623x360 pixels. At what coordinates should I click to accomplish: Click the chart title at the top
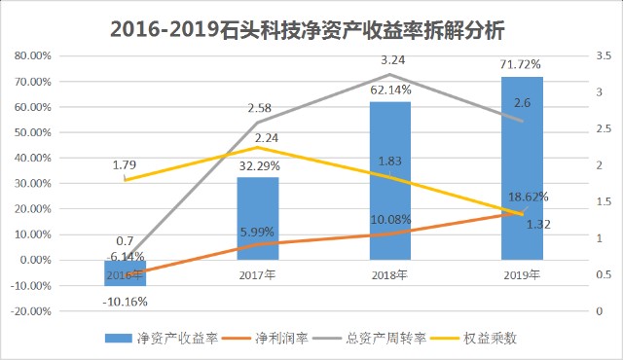pyautogui.click(x=308, y=30)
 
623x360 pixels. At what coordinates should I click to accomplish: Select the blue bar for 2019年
pyautogui.click(x=522, y=168)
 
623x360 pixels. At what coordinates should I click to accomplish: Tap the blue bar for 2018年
pyautogui.click(x=390, y=181)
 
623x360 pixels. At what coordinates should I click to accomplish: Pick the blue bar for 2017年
pyautogui.click(x=258, y=219)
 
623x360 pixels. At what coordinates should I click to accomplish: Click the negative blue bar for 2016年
pyautogui.click(x=126, y=273)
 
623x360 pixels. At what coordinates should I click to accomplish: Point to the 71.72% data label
pyautogui.click(x=521, y=64)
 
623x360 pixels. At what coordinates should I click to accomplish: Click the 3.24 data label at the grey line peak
pyautogui.click(x=392, y=60)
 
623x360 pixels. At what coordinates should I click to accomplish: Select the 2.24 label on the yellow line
pyautogui.click(x=267, y=138)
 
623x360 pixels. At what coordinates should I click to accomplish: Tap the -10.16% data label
pyautogui.click(x=126, y=302)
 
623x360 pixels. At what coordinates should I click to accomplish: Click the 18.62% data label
pyautogui.click(x=529, y=197)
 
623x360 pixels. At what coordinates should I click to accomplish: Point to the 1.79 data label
pyautogui.click(x=125, y=164)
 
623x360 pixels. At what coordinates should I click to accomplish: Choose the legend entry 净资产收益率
pyautogui.click(x=162, y=339)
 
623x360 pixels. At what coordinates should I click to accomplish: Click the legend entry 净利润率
pyautogui.click(x=265, y=339)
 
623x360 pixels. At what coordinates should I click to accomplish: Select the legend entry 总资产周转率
pyautogui.click(x=369, y=339)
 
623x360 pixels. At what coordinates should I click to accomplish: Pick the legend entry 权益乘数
pyautogui.click(x=474, y=339)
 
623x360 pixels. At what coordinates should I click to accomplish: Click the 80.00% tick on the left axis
pyautogui.click(x=33, y=56)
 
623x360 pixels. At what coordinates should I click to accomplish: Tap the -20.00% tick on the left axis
pyautogui.click(x=31, y=311)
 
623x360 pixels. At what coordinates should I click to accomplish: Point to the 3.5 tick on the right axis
pyautogui.click(x=604, y=56)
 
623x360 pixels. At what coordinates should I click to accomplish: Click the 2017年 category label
pyautogui.click(x=257, y=274)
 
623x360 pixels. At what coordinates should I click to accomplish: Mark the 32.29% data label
pyautogui.click(x=260, y=166)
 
